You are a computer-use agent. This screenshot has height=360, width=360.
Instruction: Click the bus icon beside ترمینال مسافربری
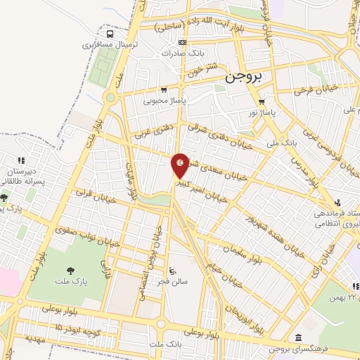click(x=110, y=33)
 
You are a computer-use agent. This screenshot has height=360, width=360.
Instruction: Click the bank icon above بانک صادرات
click(x=183, y=42)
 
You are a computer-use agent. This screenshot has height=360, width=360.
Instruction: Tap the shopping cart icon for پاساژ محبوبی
click(x=164, y=90)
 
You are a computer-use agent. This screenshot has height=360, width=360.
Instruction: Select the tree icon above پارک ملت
click(x=70, y=270)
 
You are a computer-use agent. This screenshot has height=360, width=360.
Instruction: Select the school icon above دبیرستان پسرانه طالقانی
click(x=22, y=160)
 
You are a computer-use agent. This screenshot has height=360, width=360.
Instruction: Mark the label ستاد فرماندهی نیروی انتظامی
click(x=333, y=217)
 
